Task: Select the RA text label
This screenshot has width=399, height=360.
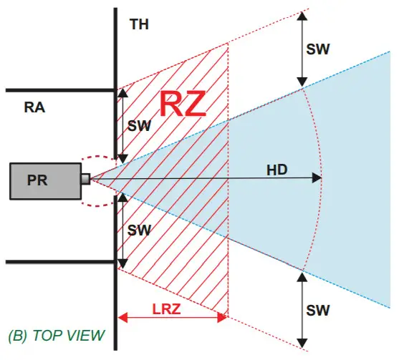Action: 35,108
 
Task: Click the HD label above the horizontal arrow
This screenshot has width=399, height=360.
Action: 277,170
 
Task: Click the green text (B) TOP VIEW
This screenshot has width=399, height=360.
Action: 55,335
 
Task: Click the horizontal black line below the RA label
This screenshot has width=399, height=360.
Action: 57,262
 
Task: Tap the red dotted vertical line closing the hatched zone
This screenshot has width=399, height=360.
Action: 228,215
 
